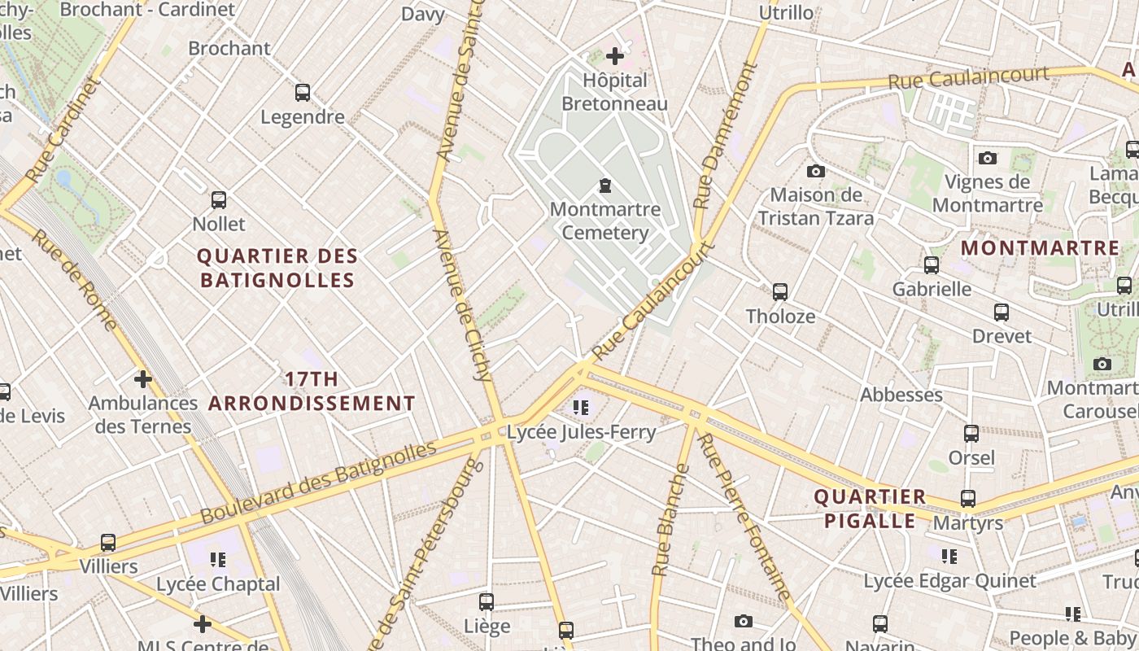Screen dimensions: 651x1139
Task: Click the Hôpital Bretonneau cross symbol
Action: pos(615,56)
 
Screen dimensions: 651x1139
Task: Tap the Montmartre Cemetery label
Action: pos(605,221)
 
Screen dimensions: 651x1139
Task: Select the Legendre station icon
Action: pos(303,93)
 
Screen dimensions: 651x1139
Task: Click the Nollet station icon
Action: pos(219,199)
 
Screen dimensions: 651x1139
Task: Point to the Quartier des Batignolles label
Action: pos(277,268)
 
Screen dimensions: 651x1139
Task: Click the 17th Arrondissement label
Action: pos(312,391)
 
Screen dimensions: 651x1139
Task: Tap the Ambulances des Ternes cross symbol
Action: pos(143,379)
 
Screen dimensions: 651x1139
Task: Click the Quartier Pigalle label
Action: pos(870,509)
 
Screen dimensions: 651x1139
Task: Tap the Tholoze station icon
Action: pos(780,291)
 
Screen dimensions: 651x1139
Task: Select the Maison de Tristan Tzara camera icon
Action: pos(815,171)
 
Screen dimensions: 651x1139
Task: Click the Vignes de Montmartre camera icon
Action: pos(988,158)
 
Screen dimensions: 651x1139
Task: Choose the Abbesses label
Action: pos(901,395)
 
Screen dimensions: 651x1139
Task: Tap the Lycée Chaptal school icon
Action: pos(218,559)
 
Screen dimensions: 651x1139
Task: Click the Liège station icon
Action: pos(487,602)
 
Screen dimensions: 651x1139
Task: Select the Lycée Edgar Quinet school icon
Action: pos(949,556)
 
